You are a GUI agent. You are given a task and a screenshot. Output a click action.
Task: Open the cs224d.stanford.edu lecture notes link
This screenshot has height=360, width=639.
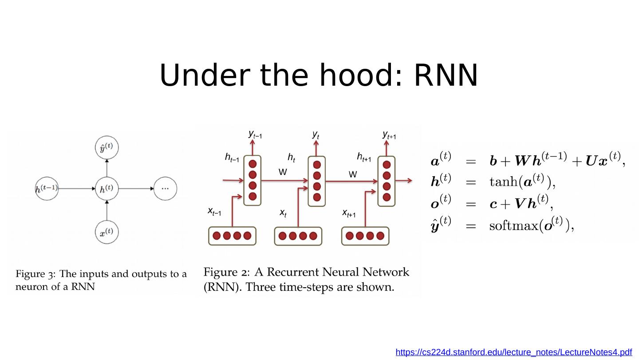coord(513,352)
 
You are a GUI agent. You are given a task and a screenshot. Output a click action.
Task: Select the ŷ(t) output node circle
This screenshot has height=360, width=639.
coord(107,147)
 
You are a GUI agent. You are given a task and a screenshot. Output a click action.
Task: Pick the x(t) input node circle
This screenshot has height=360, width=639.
coord(107,232)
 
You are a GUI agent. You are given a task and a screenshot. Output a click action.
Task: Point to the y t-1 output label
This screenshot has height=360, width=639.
coord(255,134)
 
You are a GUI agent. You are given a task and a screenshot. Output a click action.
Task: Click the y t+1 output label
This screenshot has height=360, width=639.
coord(389,135)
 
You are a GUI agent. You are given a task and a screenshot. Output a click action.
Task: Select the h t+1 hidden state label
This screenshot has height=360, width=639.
coord(363,157)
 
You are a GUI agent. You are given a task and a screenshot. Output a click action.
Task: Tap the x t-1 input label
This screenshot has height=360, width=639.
coord(214,212)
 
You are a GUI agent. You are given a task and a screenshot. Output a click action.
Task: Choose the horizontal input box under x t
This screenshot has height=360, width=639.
coord(298,236)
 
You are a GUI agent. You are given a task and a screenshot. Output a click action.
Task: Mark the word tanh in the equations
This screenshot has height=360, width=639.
coord(504,182)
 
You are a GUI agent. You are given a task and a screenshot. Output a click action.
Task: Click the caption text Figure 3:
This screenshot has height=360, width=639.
coord(35,274)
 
